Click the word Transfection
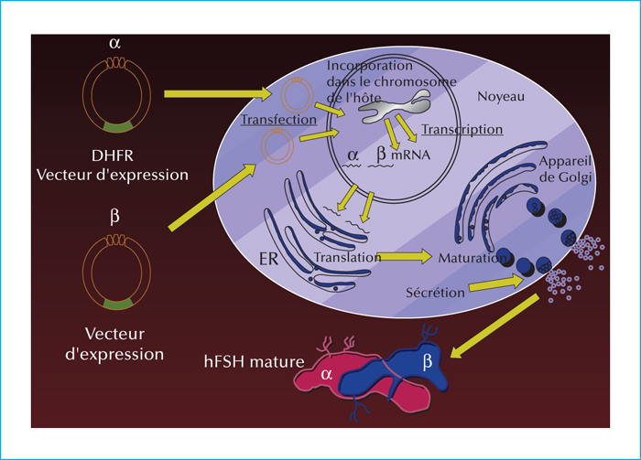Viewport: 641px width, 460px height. pyautogui.click(x=278, y=120)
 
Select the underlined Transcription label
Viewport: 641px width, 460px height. pyautogui.click(x=462, y=129)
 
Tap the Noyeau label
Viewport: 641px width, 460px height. pyautogui.click(x=501, y=97)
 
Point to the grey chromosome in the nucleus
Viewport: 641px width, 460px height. pyautogui.click(x=395, y=107)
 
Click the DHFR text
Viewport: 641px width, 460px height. pyautogui.click(x=113, y=155)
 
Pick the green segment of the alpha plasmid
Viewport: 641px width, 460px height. pyautogui.click(x=118, y=126)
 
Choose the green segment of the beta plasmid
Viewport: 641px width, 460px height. pyautogui.click(x=118, y=304)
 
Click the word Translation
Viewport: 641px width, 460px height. pyautogui.click(x=347, y=257)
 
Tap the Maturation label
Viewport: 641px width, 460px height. pyautogui.click(x=473, y=258)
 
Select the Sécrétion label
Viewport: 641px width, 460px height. pyautogui.click(x=435, y=293)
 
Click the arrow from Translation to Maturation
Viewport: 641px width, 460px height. pyautogui.click(x=404, y=257)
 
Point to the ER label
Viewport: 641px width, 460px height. pyautogui.click(x=268, y=259)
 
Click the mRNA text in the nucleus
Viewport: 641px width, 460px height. pyautogui.click(x=411, y=155)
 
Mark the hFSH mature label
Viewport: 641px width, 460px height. pyautogui.click(x=254, y=361)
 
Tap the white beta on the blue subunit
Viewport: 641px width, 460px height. pyautogui.click(x=428, y=361)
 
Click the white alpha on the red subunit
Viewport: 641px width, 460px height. pyautogui.click(x=327, y=374)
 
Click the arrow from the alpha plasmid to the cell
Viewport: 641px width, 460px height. pyautogui.click(x=218, y=94)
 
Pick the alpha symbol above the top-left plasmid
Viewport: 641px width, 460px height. pyautogui.click(x=114, y=43)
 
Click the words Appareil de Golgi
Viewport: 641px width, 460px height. pyautogui.click(x=565, y=169)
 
